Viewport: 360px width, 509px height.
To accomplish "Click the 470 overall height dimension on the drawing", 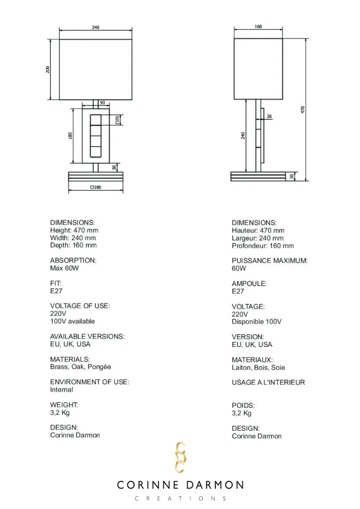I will (302, 109).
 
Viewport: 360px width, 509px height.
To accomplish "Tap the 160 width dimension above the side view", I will (258, 27).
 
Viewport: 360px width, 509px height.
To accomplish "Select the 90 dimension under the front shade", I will (102, 103).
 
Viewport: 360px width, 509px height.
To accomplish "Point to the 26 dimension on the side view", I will (269, 116).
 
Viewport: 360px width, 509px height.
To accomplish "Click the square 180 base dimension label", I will (96, 187).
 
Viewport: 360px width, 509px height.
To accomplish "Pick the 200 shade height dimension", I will (48, 69).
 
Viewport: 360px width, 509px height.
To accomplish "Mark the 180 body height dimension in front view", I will (70, 136).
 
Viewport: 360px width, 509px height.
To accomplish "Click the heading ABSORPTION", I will (73, 260).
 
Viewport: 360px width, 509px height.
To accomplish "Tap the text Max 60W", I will (64, 268).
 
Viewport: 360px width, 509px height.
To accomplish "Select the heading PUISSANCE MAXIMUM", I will (269, 261).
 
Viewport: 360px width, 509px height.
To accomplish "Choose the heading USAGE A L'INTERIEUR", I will (268, 383).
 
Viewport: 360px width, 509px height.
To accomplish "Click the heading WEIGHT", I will (64, 405).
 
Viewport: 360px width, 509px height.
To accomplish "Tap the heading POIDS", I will (243, 406).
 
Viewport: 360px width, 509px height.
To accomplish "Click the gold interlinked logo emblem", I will (180, 457).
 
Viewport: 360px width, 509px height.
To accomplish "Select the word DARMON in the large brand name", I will (215, 485).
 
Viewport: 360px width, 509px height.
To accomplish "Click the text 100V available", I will (72, 321).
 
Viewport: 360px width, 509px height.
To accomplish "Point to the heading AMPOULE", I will (249, 284).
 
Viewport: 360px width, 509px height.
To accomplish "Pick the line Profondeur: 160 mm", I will (263, 246).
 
